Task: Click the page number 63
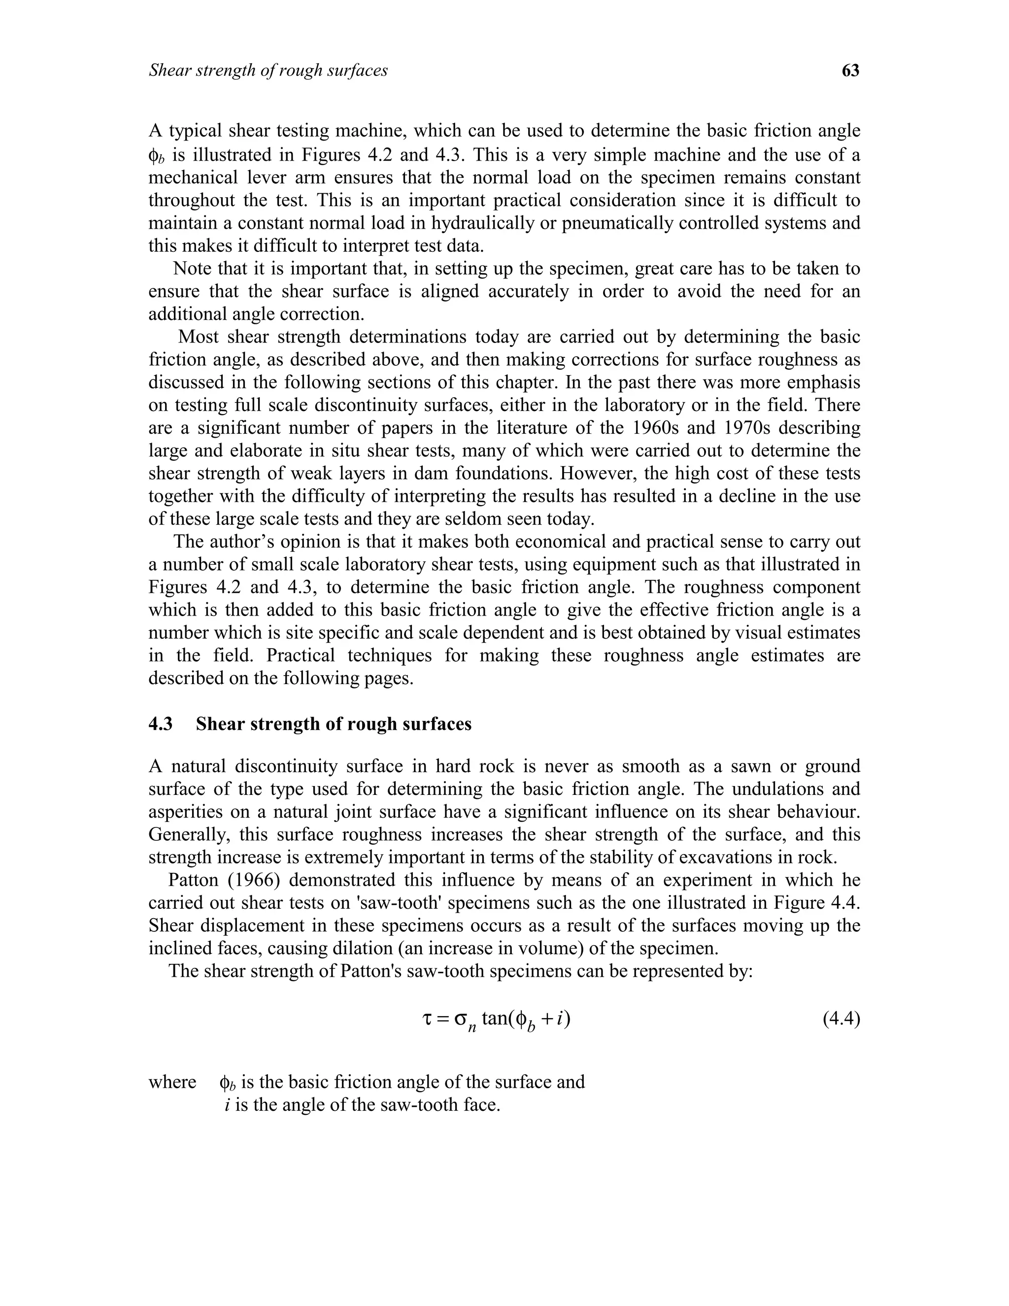tap(850, 70)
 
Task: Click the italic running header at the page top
tap(269, 70)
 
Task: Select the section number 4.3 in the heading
tap(160, 723)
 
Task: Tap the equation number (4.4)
tap(841, 1018)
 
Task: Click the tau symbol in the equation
tap(426, 1018)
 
